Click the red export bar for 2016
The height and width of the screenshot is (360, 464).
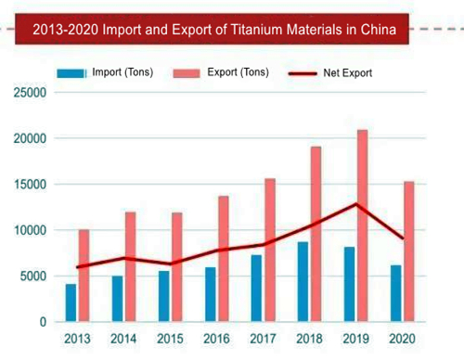224,259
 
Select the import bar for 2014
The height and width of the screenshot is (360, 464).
117,298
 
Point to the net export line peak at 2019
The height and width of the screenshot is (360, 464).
355,204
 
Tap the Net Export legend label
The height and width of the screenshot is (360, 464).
348,72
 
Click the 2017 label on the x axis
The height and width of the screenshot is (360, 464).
262,339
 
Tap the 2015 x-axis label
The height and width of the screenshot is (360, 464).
168,339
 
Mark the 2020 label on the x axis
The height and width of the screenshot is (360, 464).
402,339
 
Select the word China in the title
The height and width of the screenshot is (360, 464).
378,29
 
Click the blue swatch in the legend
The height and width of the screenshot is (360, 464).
71,72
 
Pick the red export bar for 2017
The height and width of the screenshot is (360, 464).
270,250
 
